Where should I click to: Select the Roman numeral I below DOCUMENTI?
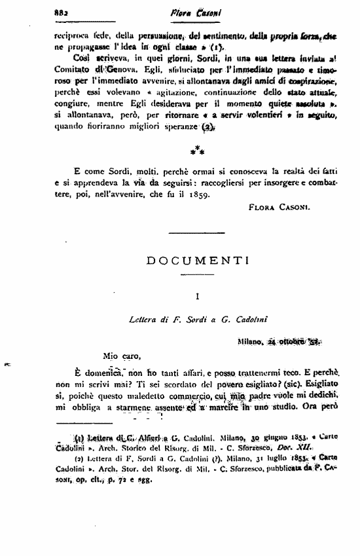point(198,297)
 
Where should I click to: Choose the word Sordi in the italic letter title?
point(181,320)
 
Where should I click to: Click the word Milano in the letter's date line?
point(251,341)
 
